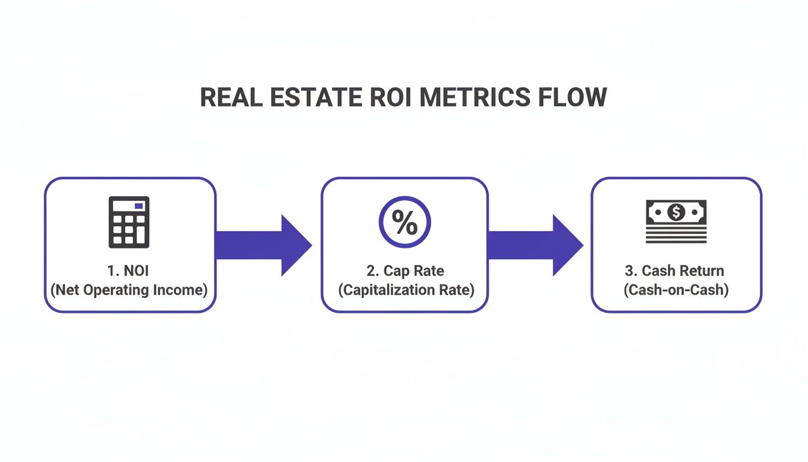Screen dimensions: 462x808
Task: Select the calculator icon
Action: click(129, 222)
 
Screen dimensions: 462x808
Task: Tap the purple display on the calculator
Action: click(139, 206)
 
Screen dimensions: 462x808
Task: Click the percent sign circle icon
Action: click(405, 223)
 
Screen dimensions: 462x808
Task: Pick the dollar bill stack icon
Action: click(676, 222)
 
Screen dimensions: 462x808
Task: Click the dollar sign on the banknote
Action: click(676, 212)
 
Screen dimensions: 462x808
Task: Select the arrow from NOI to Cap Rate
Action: click(263, 245)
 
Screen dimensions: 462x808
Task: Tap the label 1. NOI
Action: click(129, 271)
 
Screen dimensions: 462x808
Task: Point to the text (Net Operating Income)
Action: click(129, 290)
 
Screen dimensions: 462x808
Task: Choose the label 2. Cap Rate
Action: click(405, 271)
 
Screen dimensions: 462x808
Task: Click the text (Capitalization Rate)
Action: click(405, 290)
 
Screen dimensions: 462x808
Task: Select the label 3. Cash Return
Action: click(676, 271)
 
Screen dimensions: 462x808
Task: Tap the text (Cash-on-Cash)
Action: click(676, 290)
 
